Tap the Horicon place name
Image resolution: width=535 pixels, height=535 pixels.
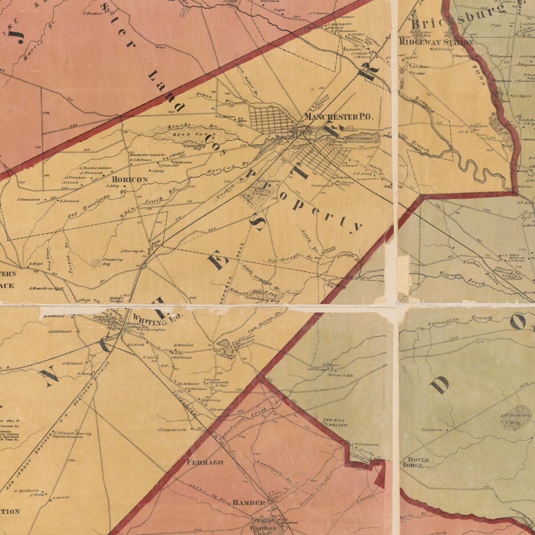127,179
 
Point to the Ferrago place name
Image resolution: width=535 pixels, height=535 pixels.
205,462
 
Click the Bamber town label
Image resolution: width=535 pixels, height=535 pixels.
249,502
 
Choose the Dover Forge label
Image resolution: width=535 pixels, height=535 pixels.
416,462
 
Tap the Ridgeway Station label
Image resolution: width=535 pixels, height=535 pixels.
436,42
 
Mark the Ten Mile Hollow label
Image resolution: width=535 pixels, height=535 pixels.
335,423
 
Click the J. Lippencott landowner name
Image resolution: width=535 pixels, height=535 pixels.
172,430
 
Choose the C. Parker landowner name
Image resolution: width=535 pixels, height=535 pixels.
93,13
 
